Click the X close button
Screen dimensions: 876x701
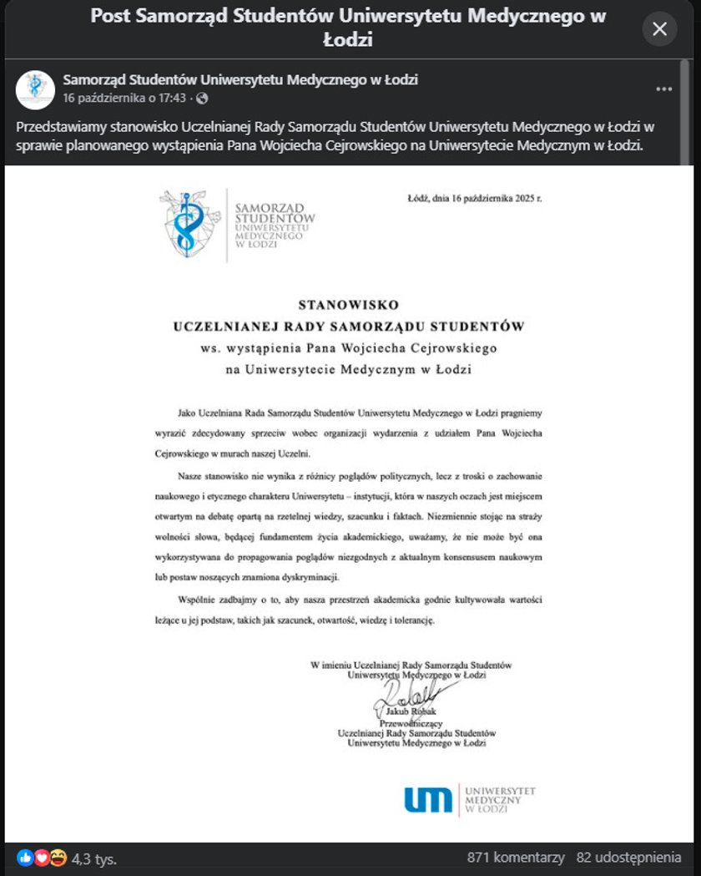[659, 29]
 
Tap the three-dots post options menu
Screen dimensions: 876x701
[663, 89]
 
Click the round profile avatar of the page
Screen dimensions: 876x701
[35, 89]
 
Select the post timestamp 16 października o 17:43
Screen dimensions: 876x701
[125, 99]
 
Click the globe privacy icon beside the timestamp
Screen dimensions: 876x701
[202, 99]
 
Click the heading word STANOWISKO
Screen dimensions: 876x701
[349, 305]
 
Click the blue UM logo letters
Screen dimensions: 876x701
[428, 800]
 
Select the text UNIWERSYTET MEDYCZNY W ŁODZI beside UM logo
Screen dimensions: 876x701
[499, 799]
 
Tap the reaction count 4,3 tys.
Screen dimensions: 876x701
[94, 858]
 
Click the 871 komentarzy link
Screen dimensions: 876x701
[516, 858]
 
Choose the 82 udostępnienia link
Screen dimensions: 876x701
[628, 858]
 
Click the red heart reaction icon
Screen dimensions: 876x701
[42, 858]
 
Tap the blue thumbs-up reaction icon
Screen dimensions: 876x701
[26, 858]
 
